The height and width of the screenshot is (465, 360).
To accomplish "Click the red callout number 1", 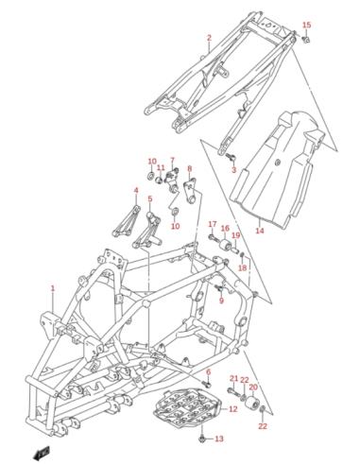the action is (x=53, y=288).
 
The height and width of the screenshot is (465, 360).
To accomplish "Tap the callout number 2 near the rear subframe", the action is (x=209, y=38).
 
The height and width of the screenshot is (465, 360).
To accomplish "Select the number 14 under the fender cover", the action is (x=260, y=231).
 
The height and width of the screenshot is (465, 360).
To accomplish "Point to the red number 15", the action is (x=306, y=25).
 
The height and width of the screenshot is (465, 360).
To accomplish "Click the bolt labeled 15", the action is (x=305, y=40).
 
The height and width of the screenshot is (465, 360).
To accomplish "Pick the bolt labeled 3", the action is (x=231, y=156).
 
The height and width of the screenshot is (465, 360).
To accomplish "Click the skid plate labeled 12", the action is (x=187, y=406).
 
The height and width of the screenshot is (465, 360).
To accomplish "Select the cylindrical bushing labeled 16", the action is (x=226, y=245).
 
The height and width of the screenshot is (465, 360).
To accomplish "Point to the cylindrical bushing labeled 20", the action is (x=252, y=402).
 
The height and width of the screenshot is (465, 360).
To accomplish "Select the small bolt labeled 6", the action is (x=207, y=385).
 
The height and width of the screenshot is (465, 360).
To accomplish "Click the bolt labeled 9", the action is (x=218, y=287).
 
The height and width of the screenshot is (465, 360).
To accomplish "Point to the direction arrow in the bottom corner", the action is (x=42, y=452).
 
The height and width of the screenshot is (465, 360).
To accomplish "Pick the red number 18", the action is (x=242, y=267).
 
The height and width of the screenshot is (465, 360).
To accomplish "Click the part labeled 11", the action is (x=160, y=181).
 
